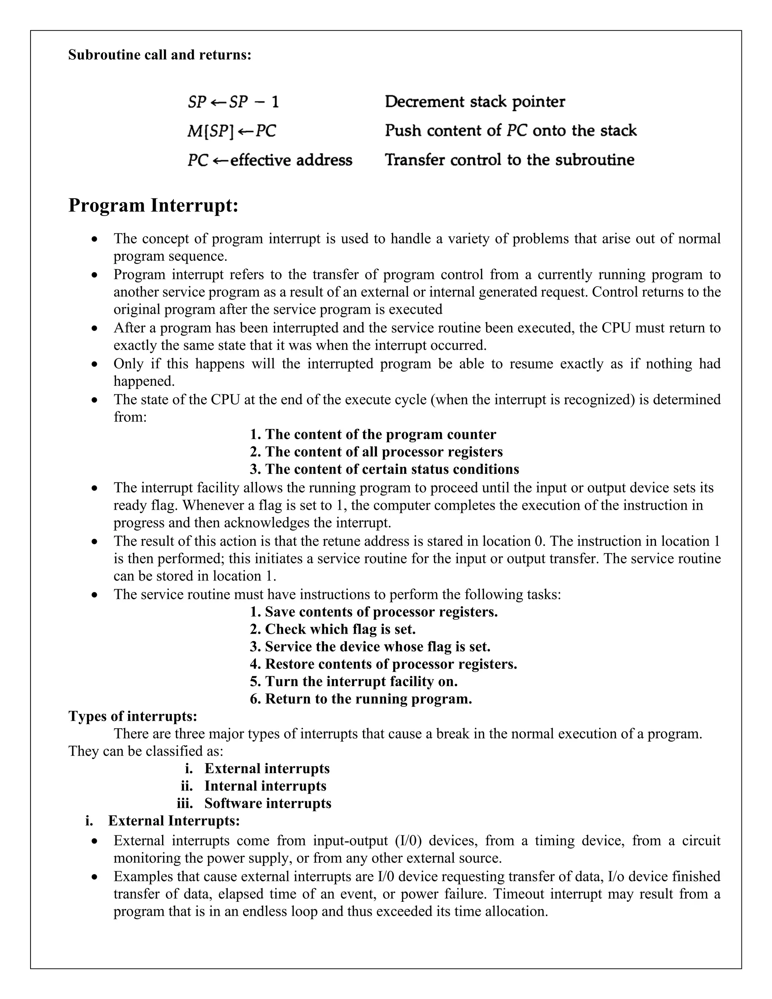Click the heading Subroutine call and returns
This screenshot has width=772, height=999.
click(x=159, y=55)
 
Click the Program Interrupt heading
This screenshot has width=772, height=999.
click(x=153, y=205)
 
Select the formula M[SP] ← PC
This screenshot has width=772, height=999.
click(x=232, y=131)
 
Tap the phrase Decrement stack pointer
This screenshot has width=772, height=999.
click(x=475, y=101)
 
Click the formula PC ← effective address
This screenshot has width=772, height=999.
click(x=270, y=161)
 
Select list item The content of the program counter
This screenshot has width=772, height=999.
click(x=373, y=434)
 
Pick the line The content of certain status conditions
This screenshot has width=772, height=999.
click(x=384, y=469)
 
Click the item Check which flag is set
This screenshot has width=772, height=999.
click(x=332, y=630)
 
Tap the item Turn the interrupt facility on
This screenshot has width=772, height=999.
click(x=354, y=682)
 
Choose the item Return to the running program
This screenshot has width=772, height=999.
click(x=361, y=699)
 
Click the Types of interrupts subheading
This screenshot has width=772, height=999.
click(x=133, y=716)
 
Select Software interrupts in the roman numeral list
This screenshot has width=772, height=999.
click(x=268, y=803)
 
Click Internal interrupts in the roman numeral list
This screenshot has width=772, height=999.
click(x=265, y=786)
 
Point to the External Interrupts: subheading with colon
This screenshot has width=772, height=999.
click(x=174, y=821)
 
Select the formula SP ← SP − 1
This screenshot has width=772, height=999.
click(x=233, y=101)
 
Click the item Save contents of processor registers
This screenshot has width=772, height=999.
click(x=374, y=612)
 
